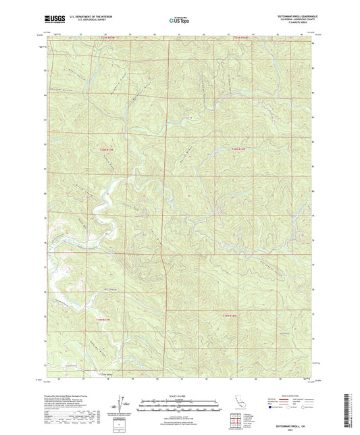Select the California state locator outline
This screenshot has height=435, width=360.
coord(236,401)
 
